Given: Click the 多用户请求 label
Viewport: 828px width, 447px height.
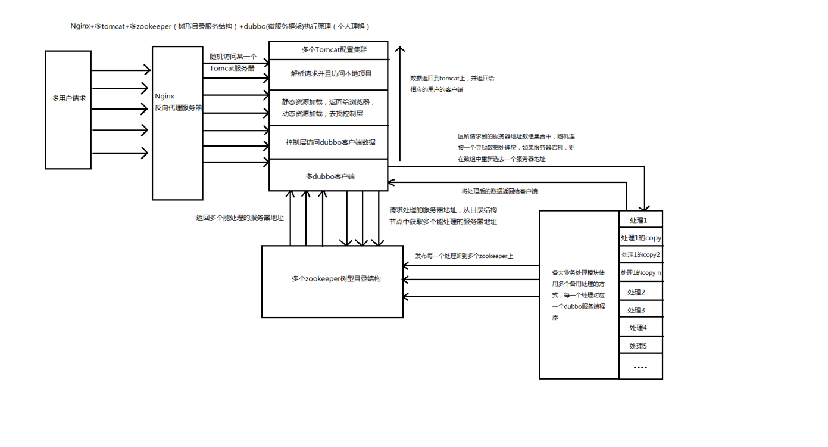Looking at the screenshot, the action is click(x=69, y=98).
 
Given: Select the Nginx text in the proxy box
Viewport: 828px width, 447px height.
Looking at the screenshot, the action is click(x=164, y=96).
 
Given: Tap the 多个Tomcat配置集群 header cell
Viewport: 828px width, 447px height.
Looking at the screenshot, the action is click(x=328, y=50).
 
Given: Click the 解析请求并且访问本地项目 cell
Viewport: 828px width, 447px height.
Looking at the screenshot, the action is click(x=328, y=74).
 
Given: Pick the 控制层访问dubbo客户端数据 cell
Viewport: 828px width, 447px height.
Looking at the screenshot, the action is click(x=328, y=142).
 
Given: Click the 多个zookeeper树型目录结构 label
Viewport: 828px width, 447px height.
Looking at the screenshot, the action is click(x=336, y=279).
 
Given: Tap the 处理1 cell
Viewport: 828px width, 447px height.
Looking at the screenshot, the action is click(x=640, y=219).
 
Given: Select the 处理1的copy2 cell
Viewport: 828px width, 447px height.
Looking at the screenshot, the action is click(x=640, y=254).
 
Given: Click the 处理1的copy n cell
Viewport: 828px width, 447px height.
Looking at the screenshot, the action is click(x=640, y=272).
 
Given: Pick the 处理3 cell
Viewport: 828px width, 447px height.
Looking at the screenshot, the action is click(x=640, y=309).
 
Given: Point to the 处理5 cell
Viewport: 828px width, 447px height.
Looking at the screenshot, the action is click(x=640, y=345).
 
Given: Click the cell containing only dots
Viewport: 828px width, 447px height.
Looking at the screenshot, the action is click(x=640, y=367).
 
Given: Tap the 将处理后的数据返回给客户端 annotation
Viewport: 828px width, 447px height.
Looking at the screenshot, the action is click(x=499, y=191).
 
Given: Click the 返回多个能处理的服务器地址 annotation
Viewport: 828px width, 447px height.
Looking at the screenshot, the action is click(x=240, y=218).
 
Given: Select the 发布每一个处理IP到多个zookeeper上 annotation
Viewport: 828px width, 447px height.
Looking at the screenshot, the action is click(x=464, y=256).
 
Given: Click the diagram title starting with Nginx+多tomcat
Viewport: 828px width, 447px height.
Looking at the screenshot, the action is click(x=220, y=26).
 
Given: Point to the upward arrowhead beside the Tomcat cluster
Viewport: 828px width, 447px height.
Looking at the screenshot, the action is click(x=399, y=49).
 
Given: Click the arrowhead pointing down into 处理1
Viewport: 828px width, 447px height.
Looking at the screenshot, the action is click(x=645, y=208).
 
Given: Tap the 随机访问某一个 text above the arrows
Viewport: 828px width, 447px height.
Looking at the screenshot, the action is click(x=233, y=57).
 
